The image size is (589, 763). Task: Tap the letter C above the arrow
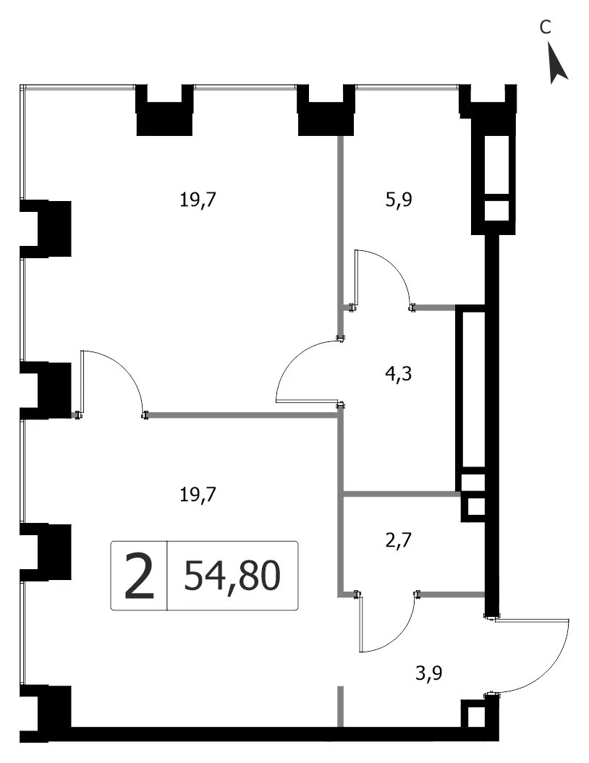[x=545, y=27]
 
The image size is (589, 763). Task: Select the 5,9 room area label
[x=399, y=200]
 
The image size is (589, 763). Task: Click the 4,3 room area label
[x=399, y=374]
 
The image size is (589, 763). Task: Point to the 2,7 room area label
[x=399, y=540]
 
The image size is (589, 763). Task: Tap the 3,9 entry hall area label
[x=429, y=674]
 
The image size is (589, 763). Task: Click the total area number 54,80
[x=232, y=575]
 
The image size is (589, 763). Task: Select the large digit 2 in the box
[x=139, y=575]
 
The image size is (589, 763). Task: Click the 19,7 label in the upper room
[x=198, y=200]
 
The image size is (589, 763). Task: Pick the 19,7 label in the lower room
[x=198, y=495]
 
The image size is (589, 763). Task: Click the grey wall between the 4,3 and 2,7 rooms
[x=402, y=494]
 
